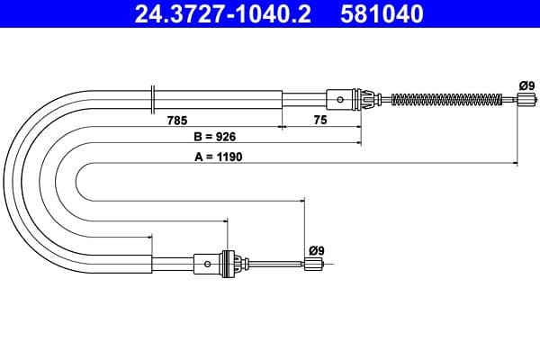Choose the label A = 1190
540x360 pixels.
(217, 156)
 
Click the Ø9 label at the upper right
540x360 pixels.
(526, 85)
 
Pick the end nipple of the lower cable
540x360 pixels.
(313, 264)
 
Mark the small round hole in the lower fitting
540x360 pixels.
(209, 264)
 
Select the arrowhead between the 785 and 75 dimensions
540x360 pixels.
(283, 128)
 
